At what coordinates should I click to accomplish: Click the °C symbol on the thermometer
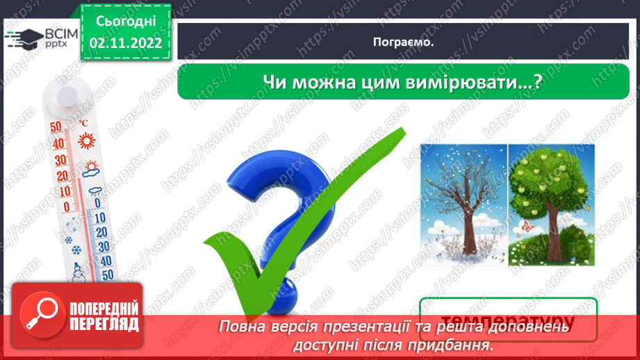(83, 124)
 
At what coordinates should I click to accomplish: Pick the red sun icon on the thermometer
(86, 142)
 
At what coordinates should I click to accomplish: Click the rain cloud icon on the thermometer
(95, 189)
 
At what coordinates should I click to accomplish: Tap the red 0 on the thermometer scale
(66, 206)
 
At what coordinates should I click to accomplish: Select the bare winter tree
(463, 206)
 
